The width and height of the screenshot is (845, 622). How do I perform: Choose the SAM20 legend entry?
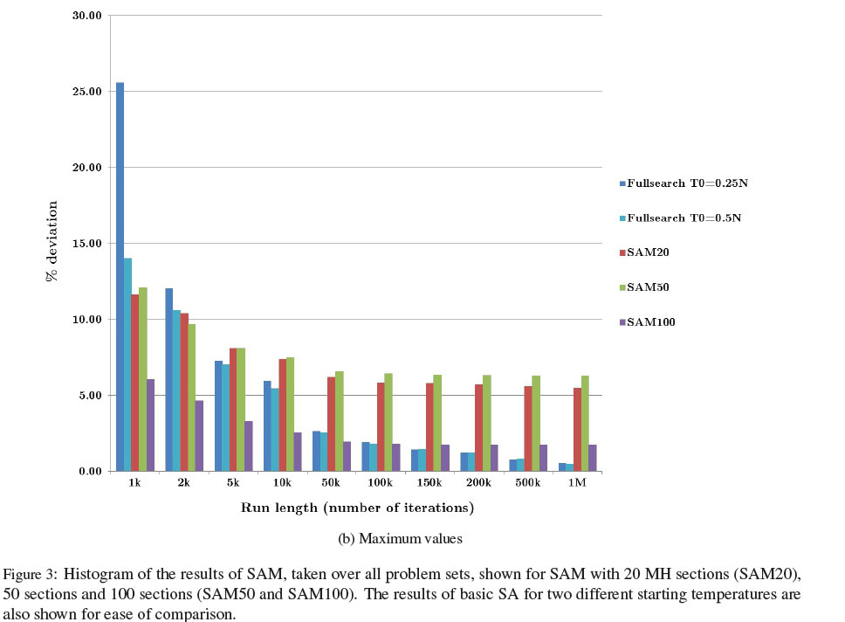pyautogui.click(x=643, y=252)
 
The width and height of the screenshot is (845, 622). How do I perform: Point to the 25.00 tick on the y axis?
pyautogui.click(x=89, y=92)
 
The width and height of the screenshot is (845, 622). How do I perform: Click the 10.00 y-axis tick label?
pyautogui.click(x=89, y=320)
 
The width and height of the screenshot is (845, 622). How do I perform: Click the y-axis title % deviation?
pyautogui.click(x=52, y=241)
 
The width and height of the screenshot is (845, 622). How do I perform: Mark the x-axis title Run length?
pyautogui.click(x=357, y=508)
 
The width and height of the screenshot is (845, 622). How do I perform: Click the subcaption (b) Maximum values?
pyautogui.click(x=400, y=539)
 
